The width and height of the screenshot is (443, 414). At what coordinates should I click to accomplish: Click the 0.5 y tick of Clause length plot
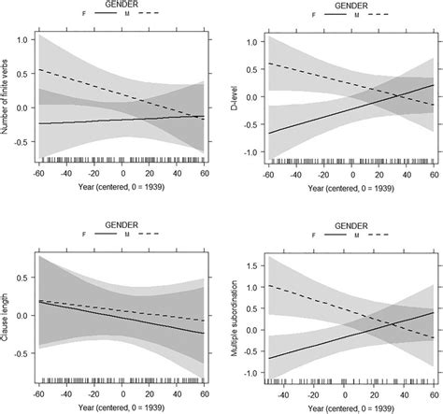pos(21,264)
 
